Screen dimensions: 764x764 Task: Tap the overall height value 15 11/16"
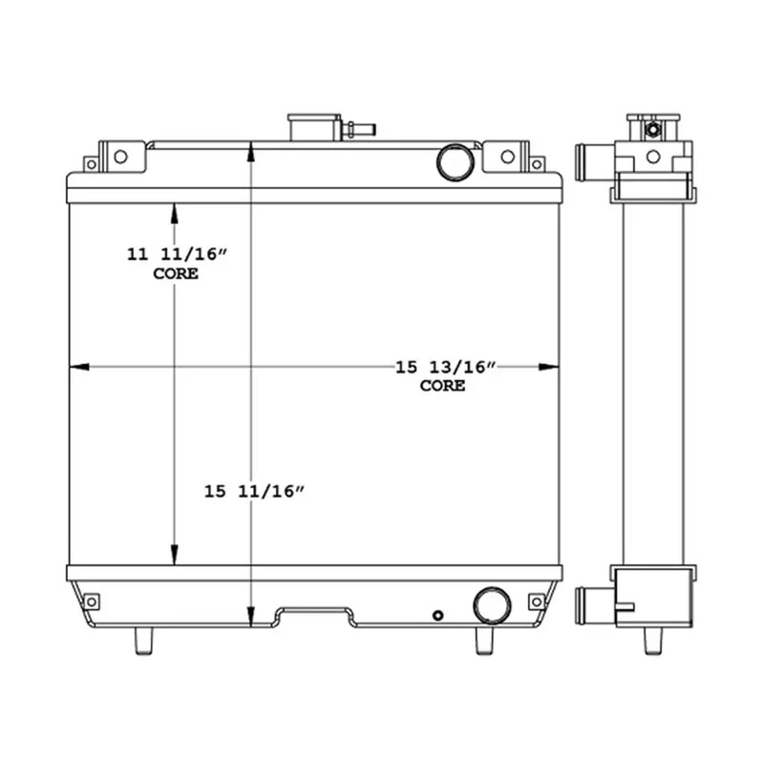pos(253,491)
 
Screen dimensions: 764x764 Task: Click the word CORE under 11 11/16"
pos(176,274)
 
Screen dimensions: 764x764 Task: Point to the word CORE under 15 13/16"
pos(443,386)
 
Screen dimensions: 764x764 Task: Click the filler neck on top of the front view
pos(314,127)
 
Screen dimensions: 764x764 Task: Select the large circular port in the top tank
pos(456,161)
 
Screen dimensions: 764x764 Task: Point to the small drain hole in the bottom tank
pos(437,615)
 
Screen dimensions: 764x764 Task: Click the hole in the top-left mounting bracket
pos(120,155)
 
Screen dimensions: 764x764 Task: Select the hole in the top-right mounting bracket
pos(508,155)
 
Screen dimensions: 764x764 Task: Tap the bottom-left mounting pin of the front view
pos(143,640)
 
